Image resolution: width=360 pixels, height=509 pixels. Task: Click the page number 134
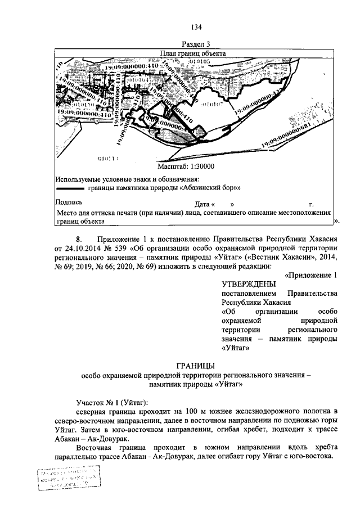tap(196, 27)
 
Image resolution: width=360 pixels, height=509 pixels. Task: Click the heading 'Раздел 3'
tap(196, 44)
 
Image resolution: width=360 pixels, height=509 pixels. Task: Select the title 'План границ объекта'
tap(193, 54)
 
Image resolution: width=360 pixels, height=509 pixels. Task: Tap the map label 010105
tap(199, 61)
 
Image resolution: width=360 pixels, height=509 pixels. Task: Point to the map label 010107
tap(212, 104)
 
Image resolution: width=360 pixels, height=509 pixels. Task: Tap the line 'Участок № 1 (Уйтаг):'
tap(112, 403)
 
